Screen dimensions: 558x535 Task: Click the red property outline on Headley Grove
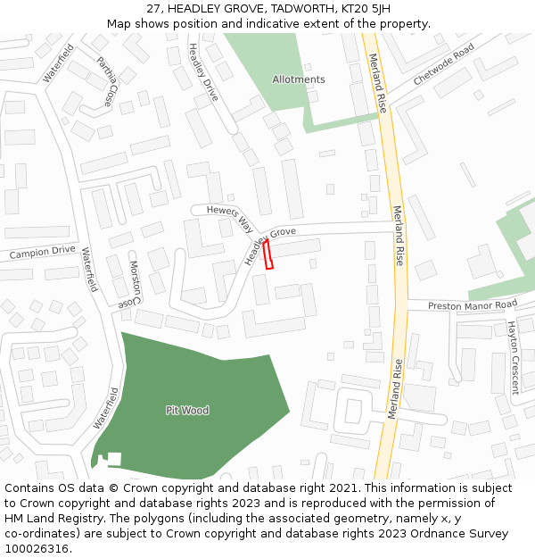(269, 254)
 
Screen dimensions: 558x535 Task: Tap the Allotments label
(299, 79)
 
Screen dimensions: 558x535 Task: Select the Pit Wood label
(187, 411)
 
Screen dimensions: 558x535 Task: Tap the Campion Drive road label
(42, 253)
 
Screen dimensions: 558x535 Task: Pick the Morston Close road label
(132, 283)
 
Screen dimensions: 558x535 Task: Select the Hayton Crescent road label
(513, 357)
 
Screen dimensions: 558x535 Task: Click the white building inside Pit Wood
(114, 459)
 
